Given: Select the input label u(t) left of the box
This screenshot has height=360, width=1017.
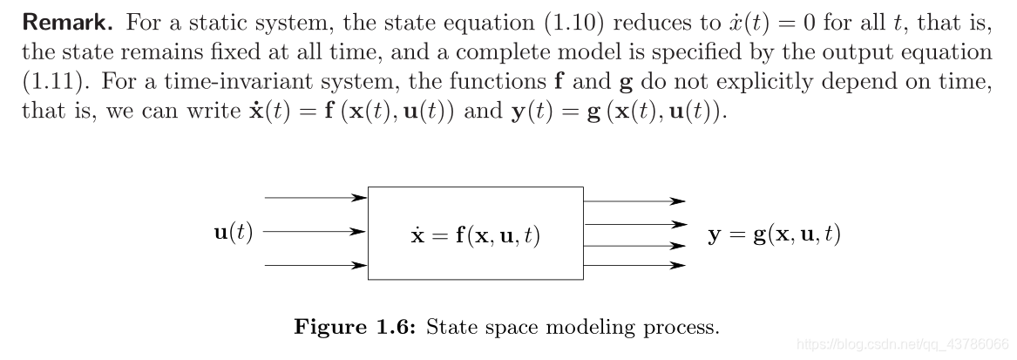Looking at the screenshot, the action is [x=233, y=234].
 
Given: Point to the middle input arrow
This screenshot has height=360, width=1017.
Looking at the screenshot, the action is [x=315, y=233].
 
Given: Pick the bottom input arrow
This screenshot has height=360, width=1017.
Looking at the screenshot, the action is [x=315, y=265].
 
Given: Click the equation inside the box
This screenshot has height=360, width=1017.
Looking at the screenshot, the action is [x=475, y=235].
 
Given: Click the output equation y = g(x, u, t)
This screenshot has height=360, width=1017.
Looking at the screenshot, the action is [x=774, y=234].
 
